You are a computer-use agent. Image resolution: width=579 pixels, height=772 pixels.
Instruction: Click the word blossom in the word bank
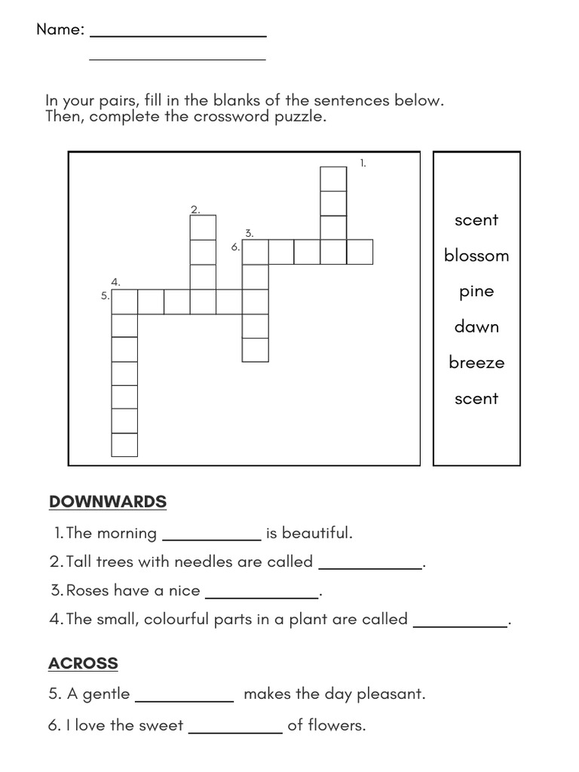(x=476, y=256)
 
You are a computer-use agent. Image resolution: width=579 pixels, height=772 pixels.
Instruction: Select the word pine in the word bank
(x=476, y=292)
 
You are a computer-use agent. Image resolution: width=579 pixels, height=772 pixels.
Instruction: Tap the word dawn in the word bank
(x=476, y=326)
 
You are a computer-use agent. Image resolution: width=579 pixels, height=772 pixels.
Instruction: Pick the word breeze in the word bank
(x=476, y=363)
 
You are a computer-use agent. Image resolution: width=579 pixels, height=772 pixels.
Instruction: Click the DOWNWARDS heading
(x=108, y=501)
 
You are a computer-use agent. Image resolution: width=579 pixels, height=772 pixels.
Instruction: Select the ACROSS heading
(x=83, y=663)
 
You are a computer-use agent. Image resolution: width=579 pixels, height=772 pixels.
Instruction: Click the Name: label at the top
(x=60, y=29)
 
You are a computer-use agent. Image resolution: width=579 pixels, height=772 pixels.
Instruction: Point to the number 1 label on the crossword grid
(x=363, y=163)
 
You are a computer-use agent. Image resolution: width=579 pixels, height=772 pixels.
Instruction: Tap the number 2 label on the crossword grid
(x=195, y=210)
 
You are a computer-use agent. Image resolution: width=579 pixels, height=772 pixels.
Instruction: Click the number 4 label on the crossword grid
(x=115, y=282)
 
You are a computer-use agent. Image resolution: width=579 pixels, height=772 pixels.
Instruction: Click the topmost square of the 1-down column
(x=333, y=179)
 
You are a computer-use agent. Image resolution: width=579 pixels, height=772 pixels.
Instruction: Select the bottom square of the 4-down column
(x=124, y=445)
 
